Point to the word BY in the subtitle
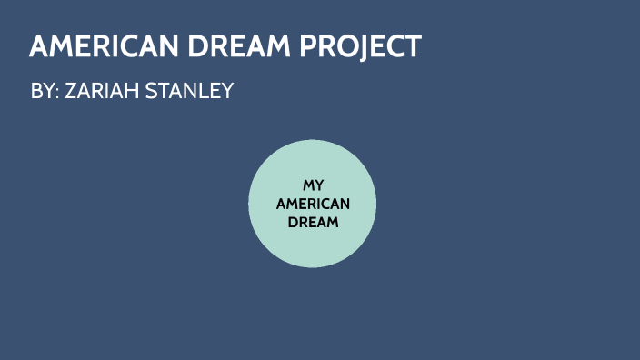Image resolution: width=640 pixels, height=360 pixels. [42, 92]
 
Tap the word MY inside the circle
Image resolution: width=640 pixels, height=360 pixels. [313, 185]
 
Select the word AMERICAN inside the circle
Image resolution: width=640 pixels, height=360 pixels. [313, 203]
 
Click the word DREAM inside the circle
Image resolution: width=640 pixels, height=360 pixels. [313, 221]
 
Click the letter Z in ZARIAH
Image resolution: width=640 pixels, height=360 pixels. [71, 92]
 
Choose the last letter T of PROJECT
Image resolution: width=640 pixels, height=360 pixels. [414, 46]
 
